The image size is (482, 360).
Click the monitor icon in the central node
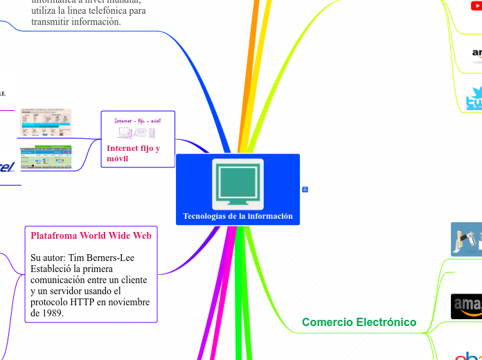click(238, 183)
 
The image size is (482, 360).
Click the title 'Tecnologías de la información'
click(238, 216)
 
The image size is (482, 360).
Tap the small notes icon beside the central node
click(305, 189)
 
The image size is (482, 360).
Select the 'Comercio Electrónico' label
click(359, 322)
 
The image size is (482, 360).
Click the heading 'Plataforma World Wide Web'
click(91, 235)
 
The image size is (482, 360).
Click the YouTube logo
click(475, 6)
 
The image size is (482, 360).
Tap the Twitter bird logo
click(474, 98)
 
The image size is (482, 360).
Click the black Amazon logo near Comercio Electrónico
click(467, 306)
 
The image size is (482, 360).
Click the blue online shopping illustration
click(466, 240)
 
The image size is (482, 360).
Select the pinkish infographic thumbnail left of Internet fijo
click(46, 123)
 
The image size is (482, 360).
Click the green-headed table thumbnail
click(46, 157)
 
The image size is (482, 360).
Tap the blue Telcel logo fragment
click(6, 166)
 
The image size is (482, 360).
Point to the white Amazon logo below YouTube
click(476, 53)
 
